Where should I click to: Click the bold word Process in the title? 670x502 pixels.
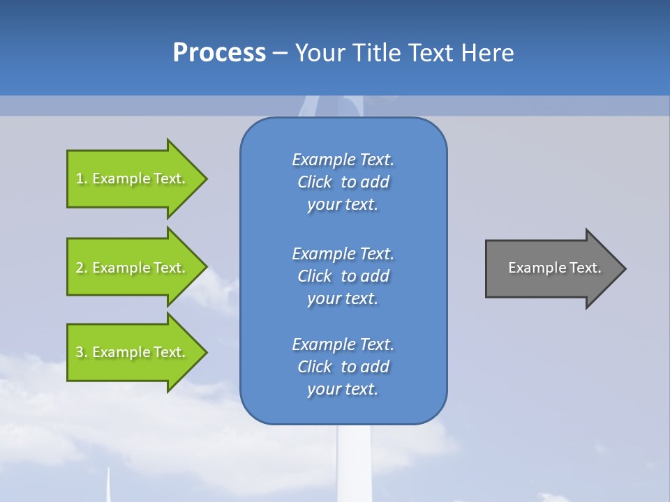pyautogui.click(x=219, y=53)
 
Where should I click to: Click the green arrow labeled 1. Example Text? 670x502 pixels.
pyautogui.click(x=133, y=178)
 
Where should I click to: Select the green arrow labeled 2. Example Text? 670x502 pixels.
pyautogui.click(x=133, y=268)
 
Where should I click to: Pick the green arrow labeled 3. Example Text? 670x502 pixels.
pyautogui.click(x=133, y=352)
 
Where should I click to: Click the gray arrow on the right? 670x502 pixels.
pyautogui.click(x=551, y=268)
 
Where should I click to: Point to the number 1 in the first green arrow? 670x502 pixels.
pyautogui.click(x=80, y=178)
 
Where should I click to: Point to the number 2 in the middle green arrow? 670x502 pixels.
pyautogui.click(x=80, y=268)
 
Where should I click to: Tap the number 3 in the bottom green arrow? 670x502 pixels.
pyautogui.click(x=80, y=352)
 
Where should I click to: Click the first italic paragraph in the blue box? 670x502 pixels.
pyautogui.click(x=343, y=182)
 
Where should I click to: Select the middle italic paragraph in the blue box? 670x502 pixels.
pyautogui.click(x=343, y=276)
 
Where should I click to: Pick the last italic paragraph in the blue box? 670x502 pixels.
pyautogui.click(x=343, y=367)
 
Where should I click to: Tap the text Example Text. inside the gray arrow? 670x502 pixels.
pyautogui.click(x=554, y=268)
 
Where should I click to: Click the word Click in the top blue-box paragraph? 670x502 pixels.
pyautogui.click(x=314, y=182)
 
